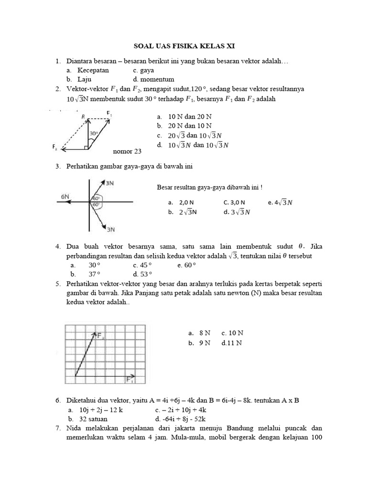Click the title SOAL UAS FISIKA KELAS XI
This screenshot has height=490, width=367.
[x=183, y=46]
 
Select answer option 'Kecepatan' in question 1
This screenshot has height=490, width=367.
[x=93, y=70]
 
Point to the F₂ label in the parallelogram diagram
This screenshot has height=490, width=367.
[x=56, y=148]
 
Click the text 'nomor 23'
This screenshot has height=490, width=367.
[x=127, y=152]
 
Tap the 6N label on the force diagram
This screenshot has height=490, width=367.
[x=65, y=196]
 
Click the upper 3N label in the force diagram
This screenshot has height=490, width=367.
[x=109, y=183]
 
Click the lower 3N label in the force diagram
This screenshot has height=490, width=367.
[x=110, y=230]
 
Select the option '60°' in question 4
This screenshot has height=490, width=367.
[x=190, y=265]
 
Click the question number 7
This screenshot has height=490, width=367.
[x=57, y=427]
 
